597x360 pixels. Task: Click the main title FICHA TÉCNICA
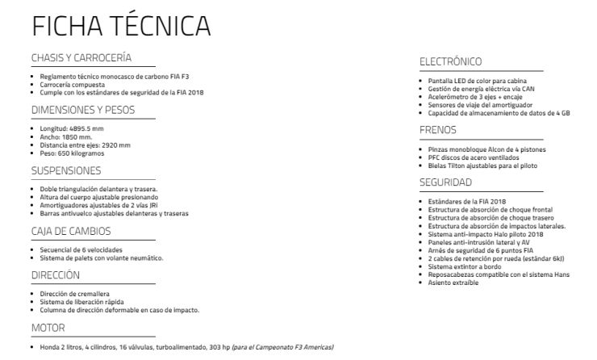coord(121,26)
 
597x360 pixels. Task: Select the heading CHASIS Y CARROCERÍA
coord(81,58)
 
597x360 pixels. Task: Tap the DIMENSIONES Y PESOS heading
coord(82,110)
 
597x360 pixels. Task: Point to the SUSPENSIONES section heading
coord(66,170)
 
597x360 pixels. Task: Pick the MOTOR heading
coord(48,329)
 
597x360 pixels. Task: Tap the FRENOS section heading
coord(438,130)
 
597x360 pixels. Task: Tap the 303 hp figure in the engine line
coord(219,347)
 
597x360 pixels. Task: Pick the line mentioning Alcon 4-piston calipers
coord(486,150)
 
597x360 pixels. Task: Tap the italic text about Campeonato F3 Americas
coord(282,347)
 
